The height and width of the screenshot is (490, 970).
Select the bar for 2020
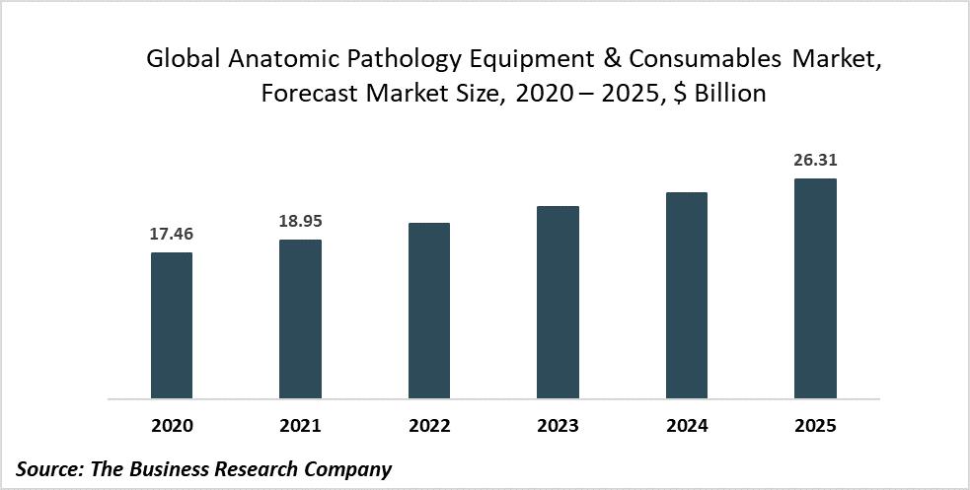172,325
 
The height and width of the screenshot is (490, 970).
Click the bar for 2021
300,319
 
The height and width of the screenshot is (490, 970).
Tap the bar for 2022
429,311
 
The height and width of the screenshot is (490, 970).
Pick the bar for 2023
558,303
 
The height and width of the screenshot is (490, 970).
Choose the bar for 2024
687,296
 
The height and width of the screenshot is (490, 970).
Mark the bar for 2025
815,289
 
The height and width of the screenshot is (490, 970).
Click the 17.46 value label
172,235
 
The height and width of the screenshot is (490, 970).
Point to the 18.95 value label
300,222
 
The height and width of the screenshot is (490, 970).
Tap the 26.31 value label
815,161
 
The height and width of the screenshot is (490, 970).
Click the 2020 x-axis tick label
172,426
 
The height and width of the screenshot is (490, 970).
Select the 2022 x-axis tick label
429,426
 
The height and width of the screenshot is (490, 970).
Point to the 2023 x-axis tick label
558,426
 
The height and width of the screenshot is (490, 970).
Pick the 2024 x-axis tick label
687,426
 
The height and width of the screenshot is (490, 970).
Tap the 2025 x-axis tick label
815,426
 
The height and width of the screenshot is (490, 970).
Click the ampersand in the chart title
590,59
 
